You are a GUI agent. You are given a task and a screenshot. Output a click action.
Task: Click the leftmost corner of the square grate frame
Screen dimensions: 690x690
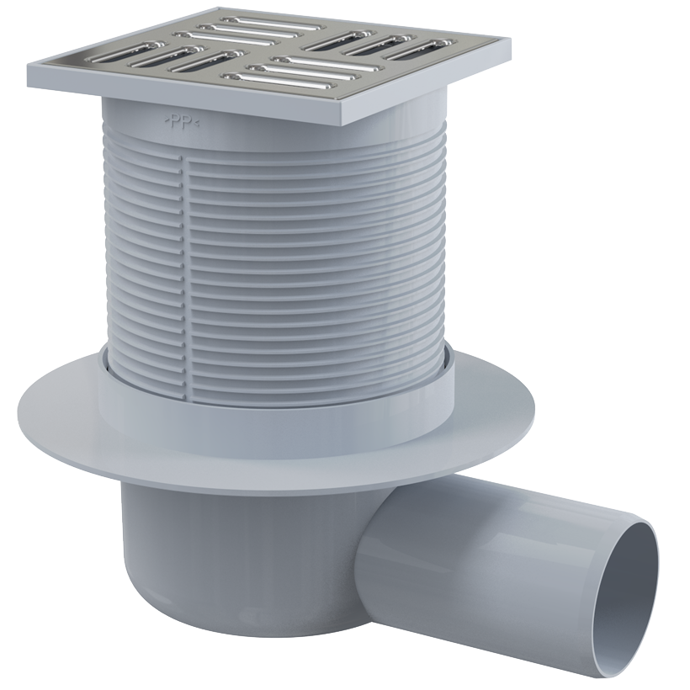(28, 65)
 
